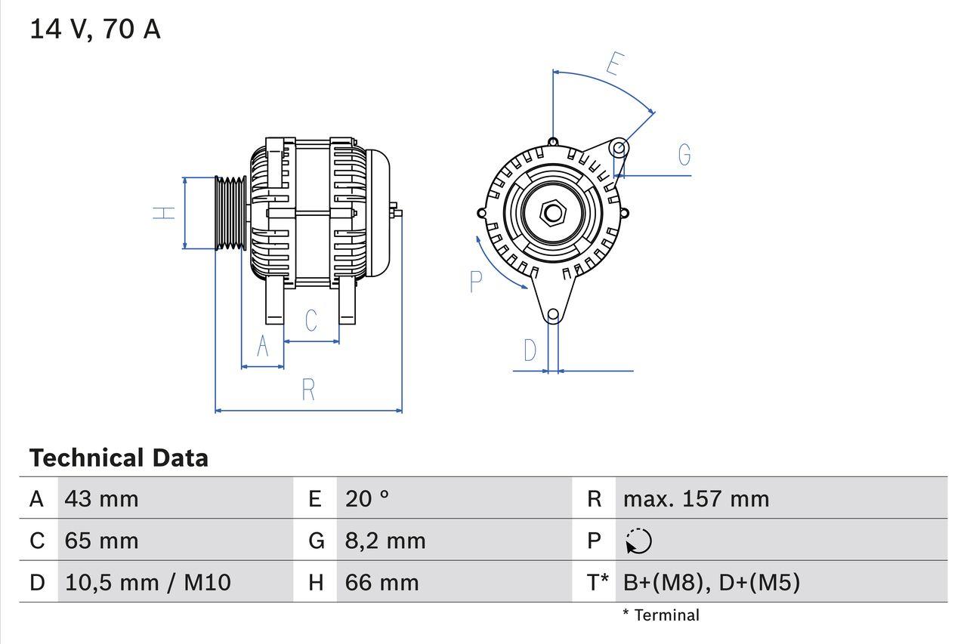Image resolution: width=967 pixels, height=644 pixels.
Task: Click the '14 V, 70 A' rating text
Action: [x=94, y=29]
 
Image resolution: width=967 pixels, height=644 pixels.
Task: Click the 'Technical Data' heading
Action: [x=119, y=458]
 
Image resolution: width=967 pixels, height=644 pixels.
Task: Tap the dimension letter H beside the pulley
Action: [x=164, y=214]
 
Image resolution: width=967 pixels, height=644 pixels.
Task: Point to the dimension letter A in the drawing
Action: [x=262, y=346]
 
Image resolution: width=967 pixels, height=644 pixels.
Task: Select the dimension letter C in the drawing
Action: [x=310, y=320]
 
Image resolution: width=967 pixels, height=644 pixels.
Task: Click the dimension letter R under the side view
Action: [x=307, y=390]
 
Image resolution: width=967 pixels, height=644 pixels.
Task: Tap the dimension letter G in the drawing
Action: [x=684, y=155]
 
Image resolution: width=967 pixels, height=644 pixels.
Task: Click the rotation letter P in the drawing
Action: [x=475, y=282]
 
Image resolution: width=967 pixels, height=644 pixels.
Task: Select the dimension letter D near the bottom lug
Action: [x=530, y=350]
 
